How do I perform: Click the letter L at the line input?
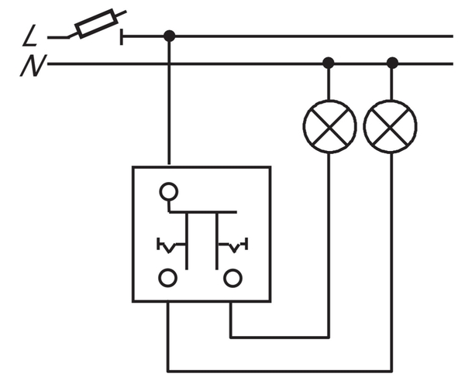pyautogui.click(x=29, y=36)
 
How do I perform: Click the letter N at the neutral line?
pyautogui.click(x=33, y=66)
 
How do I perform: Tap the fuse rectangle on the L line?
pyautogui.click(x=96, y=23)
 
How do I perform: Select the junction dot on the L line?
pyautogui.click(x=169, y=36)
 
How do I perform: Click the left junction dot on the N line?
pyautogui.click(x=328, y=63)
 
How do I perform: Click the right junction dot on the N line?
pyautogui.click(x=392, y=63)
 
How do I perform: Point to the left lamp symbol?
pyautogui.click(x=329, y=127)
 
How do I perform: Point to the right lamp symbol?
pyautogui.click(x=390, y=127)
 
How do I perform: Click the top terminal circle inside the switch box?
pyautogui.click(x=169, y=191)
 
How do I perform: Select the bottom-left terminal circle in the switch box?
pyautogui.click(x=168, y=278)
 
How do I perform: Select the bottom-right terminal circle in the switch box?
pyautogui.click(x=232, y=278)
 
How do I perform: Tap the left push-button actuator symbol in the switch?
pyautogui.click(x=170, y=245)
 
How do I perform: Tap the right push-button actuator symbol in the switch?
pyautogui.click(x=233, y=245)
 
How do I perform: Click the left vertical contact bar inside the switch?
pyautogui.click(x=187, y=241)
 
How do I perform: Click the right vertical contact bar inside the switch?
pyautogui.click(x=217, y=241)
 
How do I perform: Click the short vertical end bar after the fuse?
pyautogui.click(x=122, y=37)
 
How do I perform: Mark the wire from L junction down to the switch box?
pyautogui.click(x=169, y=101)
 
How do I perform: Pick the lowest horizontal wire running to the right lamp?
pyautogui.click(x=280, y=371)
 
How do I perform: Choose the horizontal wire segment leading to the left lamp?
pyautogui.click(x=280, y=338)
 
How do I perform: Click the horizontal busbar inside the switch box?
pyautogui.click(x=203, y=212)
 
